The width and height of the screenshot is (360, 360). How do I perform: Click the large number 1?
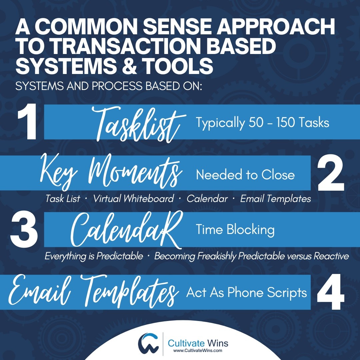coord(28,123)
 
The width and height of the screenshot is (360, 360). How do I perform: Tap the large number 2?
coord(330,174)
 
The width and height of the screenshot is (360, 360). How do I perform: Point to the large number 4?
coord(330,292)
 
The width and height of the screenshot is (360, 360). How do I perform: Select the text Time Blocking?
coord(235,230)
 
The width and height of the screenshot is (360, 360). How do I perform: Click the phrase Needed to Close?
coord(245,175)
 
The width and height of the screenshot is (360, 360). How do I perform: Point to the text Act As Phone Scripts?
coord(246,292)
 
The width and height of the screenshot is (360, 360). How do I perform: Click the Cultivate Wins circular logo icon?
coord(149,344)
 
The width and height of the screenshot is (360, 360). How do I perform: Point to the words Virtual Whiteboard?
coord(133,199)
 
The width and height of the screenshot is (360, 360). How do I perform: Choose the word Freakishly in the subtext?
coord(222,256)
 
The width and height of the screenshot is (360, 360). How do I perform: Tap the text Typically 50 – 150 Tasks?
coord(262,123)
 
